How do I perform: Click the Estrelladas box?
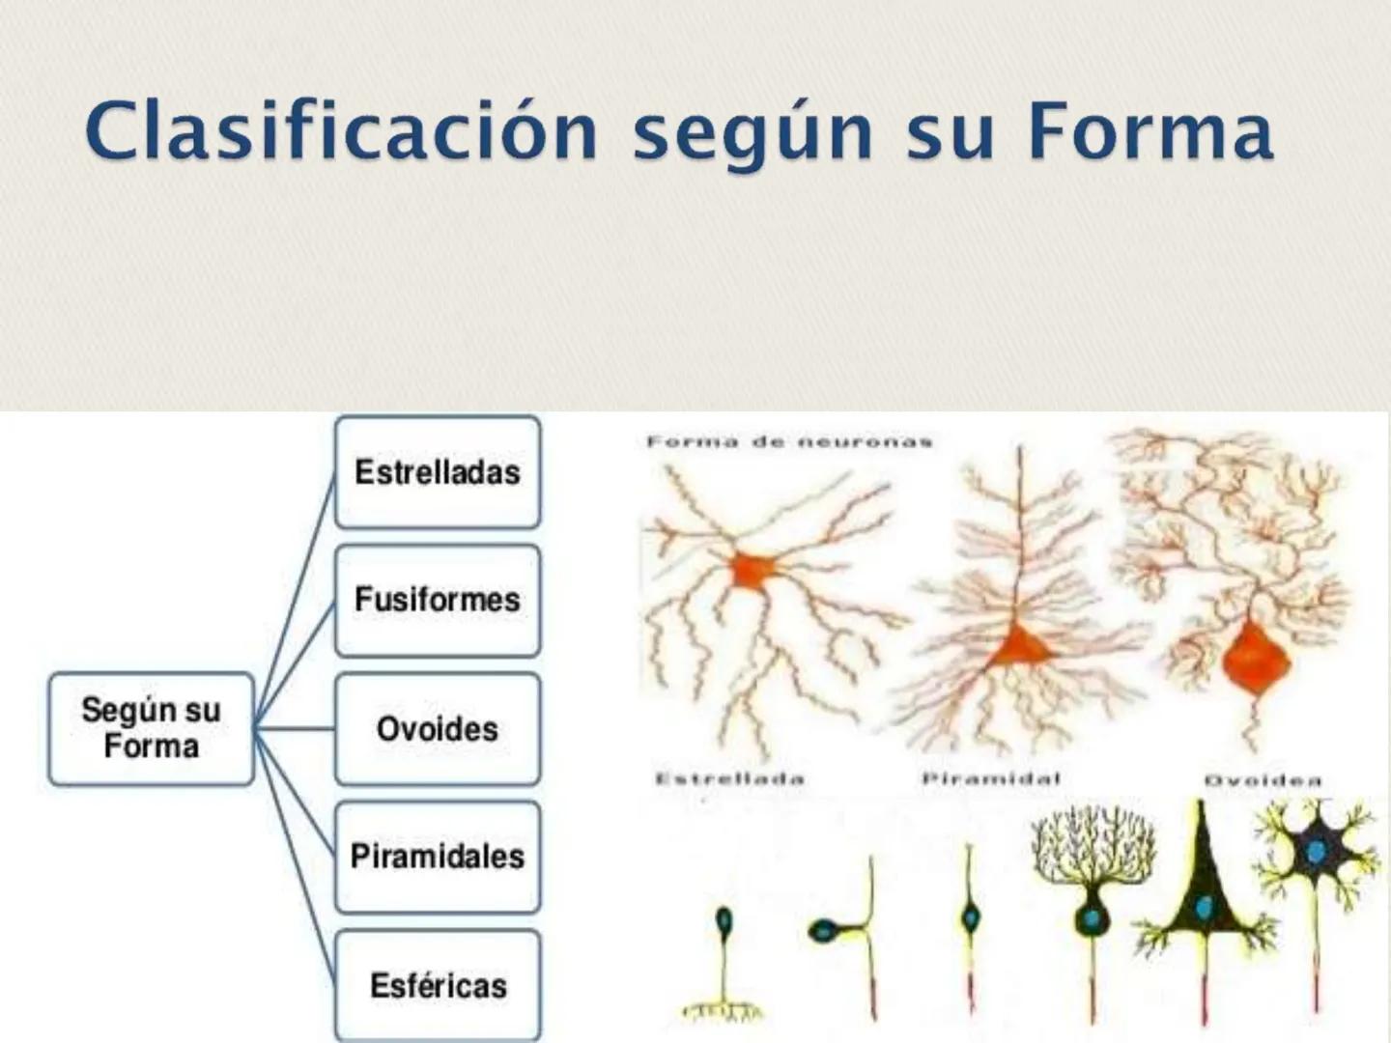tap(438, 472)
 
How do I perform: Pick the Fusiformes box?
tap(438, 600)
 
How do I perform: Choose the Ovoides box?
tap(438, 729)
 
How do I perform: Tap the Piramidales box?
tap(438, 857)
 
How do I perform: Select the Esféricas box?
tap(438, 985)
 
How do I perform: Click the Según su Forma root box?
tap(151, 728)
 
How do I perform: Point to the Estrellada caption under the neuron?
tap(729, 778)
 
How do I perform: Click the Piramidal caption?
tap(991, 777)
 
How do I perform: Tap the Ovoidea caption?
tap(1263, 779)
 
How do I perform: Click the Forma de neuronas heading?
tap(789, 442)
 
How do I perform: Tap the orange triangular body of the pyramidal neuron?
tap(1018, 646)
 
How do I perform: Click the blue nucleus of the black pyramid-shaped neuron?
tap(1204, 907)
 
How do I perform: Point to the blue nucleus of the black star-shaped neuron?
tap(1316, 852)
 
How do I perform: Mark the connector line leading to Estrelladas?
tap(295, 599)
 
